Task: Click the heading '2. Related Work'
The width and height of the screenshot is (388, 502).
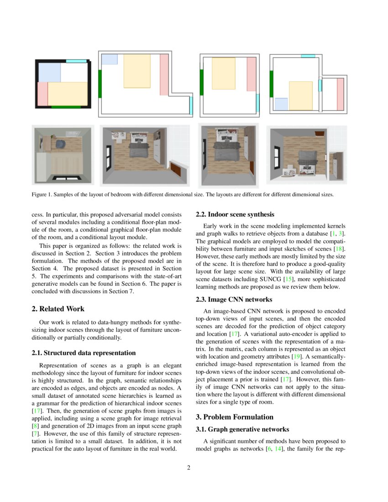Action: click(58, 309)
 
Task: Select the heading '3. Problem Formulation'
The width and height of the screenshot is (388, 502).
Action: click(235, 417)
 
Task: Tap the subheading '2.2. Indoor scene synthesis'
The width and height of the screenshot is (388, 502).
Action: click(235, 214)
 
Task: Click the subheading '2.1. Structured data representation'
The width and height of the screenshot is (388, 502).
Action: click(84, 353)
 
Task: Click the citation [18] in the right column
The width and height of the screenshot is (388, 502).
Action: click(340, 248)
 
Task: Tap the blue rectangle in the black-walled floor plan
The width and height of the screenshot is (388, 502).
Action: click(49, 72)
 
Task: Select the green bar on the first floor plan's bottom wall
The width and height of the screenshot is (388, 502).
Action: click(66, 107)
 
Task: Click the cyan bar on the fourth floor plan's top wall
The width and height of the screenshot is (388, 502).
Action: click(308, 56)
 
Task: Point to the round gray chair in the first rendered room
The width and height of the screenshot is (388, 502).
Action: click(61, 144)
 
